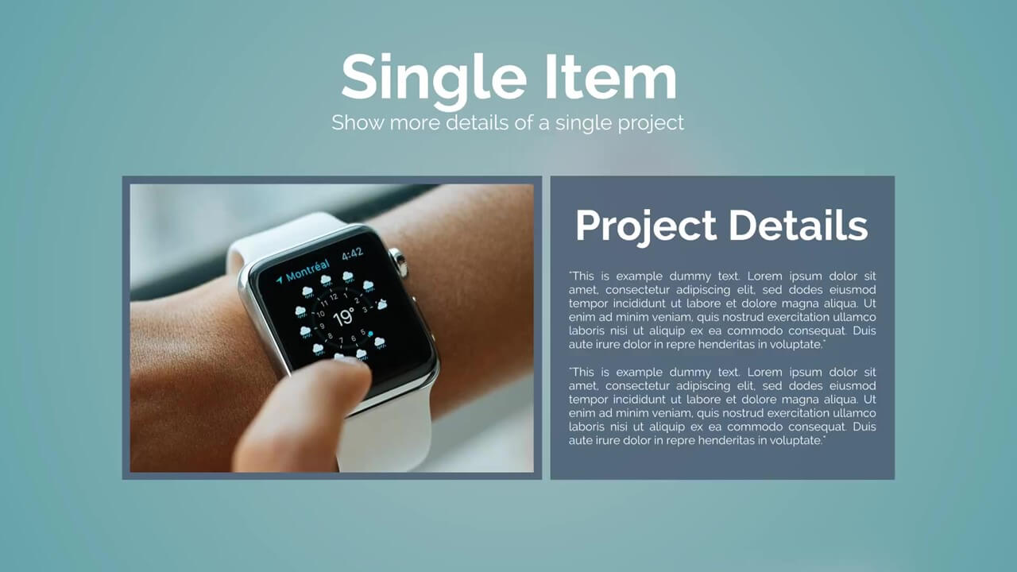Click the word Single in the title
click(434, 80)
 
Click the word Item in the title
click(611, 76)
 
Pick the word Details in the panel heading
click(799, 225)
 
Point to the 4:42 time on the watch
click(352, 253)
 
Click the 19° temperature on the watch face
click(344, 317)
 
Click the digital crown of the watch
click(399, 262)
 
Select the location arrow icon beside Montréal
click(279, 280)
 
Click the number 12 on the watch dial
click(334, 297)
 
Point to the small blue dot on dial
click(370, 334)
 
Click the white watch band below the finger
click(386, 436)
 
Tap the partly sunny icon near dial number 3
click(382, 303)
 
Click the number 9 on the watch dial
click(322, 326)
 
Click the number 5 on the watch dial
click(363, 332)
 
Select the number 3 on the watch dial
click(365, 310)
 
